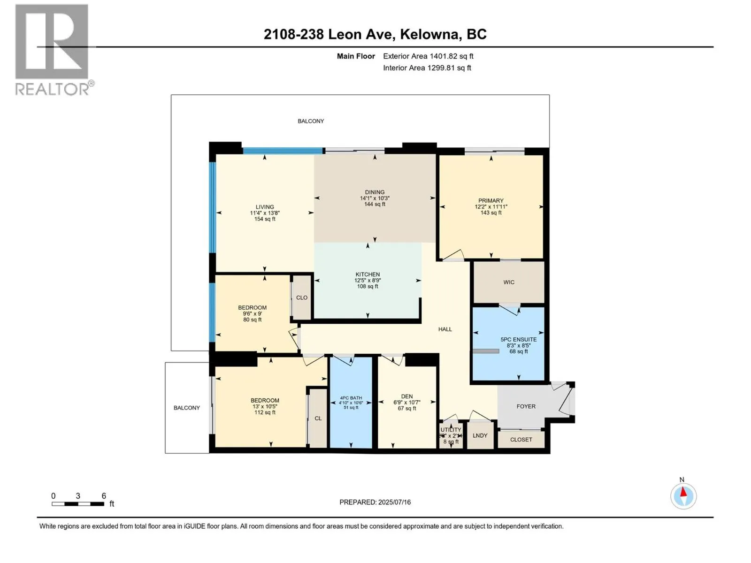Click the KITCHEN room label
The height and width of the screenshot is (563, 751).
click(x=368, y=274)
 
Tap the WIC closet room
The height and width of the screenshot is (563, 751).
click(x=509, y=282)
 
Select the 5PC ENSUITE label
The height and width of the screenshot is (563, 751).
click(x=518, y=339)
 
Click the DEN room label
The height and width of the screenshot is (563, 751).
click(x=407, y=396)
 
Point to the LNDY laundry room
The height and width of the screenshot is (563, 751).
click(x=480, y=435)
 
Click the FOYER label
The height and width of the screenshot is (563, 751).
click(x=526, y=406)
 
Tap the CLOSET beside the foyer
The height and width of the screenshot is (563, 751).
click(x=521, y=440)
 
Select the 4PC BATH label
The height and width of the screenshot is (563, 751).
click(x=351, y=398)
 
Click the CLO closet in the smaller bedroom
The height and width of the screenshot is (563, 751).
click(x=302, y=297)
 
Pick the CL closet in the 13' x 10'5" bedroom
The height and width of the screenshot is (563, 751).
click(x=318, y=418)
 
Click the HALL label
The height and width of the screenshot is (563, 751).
click(x=445, y=329)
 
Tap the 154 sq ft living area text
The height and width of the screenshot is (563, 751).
click(x=265, y=219)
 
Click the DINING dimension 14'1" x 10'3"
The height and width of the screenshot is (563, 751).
click(x=375, y=198)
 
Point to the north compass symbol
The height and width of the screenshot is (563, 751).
click(x=683, y=495)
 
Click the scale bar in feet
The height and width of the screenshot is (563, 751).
click(x=78, y=503)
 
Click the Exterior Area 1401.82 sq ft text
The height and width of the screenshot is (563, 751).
click(x=428, y=56)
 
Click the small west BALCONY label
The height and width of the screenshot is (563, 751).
click(x=187, y=408)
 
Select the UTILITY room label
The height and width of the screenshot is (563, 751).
click(x=451, y=430)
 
